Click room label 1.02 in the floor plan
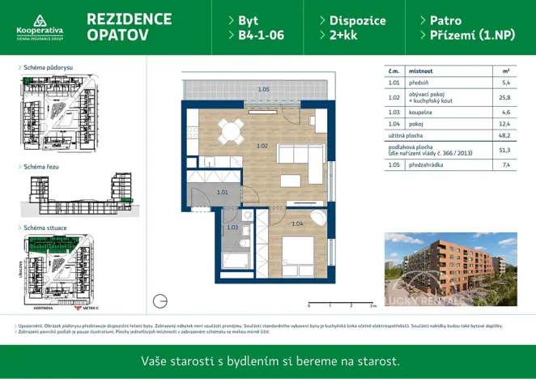(262, 146)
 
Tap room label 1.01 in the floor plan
(223, 192)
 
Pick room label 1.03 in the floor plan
(232, 228)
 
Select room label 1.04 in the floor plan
(297, 224)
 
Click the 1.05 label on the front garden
(263, 89)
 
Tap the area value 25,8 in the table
(506, 97)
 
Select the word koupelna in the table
(421, 112)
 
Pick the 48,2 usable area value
(506, 136)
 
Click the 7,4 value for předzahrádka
(506, 164)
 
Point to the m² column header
(506, 71)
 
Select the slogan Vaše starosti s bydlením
(270, 360)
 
